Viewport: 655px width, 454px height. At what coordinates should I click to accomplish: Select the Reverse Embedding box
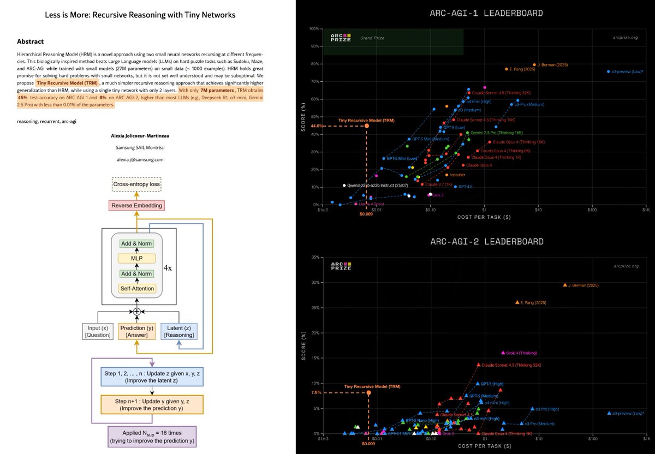pyautogui.click(x=136, y=206)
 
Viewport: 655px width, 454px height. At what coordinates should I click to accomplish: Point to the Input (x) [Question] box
pyautogui.click(x=97, y=331)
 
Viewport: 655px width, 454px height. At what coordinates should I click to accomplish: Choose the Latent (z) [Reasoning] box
pyautogui.click(x=179, y=331)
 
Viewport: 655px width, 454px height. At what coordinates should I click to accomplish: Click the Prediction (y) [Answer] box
pyautogui.click(x=136, y=331)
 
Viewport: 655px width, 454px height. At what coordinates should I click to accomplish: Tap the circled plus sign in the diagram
pyautogui.click(x=136, y=310)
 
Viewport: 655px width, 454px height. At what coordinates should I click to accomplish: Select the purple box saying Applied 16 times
pyautogui.click(x=148, y=437)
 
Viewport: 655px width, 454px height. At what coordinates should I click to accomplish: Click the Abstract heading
pyautogui.click(x=31, y=41)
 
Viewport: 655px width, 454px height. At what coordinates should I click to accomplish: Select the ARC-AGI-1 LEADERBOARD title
pyautogui.click(x=475, y=13)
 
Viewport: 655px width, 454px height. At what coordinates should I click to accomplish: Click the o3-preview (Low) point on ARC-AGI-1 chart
pyautogui.click(x=609, y=71)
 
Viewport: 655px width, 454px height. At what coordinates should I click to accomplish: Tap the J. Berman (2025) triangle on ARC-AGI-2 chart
pyautogui.click(x=565, y=285)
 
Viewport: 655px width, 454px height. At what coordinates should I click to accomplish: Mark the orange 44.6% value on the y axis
pyautogui.click(x=318, y=126)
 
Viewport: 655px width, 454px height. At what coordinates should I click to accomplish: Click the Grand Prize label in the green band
pyautogui.click(x=369, y=39)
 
